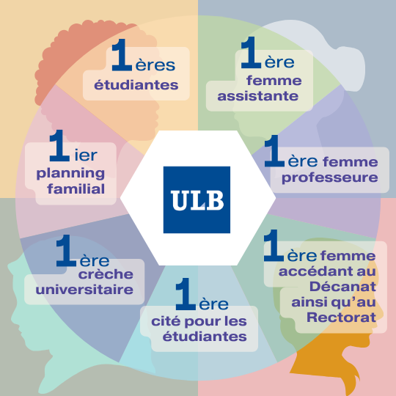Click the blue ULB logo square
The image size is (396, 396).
coord(197,199)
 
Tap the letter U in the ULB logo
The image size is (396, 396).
coord(180,200)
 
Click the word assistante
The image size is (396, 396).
coord(258,96)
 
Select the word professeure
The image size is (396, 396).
coord(330,178)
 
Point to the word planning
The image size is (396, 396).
coord(70,174)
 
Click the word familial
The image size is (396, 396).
coord(76,189)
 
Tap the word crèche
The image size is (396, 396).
coord(106,274)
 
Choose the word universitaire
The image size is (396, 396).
coord(84,290)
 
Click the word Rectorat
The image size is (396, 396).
coord(342,318)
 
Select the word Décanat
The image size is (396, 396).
coord(343,287)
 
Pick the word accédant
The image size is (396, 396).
coord(314,271)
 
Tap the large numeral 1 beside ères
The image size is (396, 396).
coord(122,55)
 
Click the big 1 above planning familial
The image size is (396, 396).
coord(59,145)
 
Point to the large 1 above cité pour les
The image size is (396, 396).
coord(186,294)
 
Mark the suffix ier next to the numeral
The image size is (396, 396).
coord(86,155)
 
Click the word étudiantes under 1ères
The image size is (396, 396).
coord(136,85)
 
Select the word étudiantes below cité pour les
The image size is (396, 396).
coord(205,337)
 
